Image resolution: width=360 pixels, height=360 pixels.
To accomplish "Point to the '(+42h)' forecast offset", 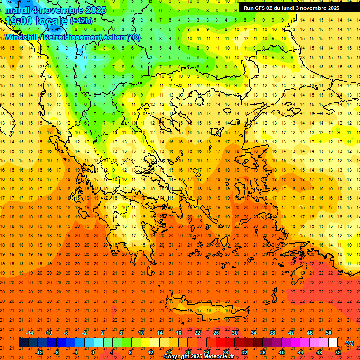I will pos(81,21).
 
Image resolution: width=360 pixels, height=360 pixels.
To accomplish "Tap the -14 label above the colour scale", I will pos(30,333).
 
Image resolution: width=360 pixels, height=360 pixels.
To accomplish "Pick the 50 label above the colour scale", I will pos(329,333).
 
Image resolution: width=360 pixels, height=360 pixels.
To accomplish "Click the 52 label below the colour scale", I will pos(338,352).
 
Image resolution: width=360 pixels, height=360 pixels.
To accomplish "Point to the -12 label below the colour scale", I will pos(39,352).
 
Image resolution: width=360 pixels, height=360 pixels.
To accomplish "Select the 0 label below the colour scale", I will pos(93,352).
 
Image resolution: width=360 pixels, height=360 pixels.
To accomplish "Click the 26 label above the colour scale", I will pos(216,333).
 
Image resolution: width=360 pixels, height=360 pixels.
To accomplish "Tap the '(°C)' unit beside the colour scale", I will pos(349,343).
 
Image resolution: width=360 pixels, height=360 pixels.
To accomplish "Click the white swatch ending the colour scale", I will pos(333,343).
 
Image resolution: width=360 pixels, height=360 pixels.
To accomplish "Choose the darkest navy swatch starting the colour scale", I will pos(23,343).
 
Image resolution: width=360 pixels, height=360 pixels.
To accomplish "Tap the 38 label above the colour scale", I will pos(272,333).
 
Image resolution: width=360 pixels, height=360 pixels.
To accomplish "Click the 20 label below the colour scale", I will pos(188,352).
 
